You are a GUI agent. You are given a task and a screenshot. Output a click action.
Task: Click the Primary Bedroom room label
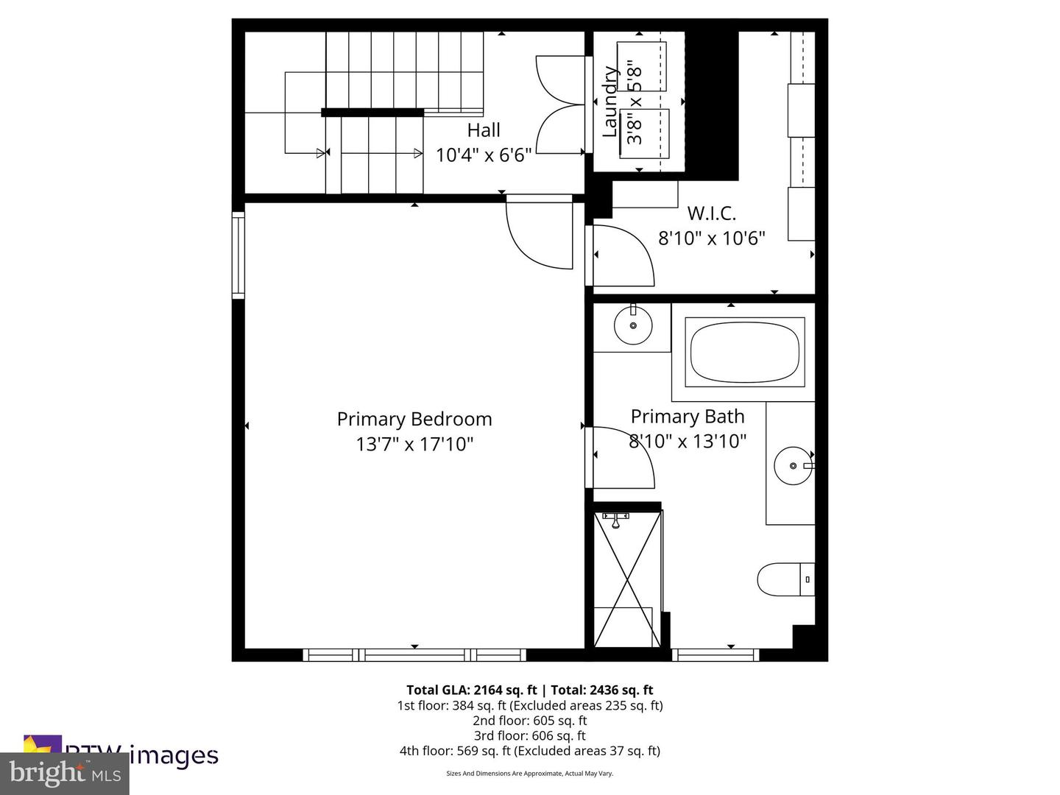tap(414, 419)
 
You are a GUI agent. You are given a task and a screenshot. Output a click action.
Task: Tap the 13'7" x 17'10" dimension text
tap(414, 444)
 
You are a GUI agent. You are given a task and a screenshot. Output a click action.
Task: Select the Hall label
tap(484, 130)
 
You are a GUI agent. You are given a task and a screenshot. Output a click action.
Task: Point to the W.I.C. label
tap(711, 213)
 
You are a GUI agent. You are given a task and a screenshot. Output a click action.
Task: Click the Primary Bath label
tap(688, 417)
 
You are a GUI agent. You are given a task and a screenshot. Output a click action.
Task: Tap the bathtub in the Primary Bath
tap(744, 352)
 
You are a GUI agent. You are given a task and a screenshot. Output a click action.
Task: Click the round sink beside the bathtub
tap(632, 325)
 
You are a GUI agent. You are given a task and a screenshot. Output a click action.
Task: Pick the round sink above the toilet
tap(793, 466)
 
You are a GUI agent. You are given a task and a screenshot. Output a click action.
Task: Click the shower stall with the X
tap(626, 579)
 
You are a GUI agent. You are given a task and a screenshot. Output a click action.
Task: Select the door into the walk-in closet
tap(622, 255)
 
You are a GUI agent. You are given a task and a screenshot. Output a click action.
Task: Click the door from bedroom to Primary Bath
tap(622, 457)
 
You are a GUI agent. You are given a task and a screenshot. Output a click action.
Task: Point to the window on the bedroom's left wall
tap(239, 255)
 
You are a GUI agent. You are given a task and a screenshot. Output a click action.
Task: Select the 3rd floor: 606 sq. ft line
tap(529, 735)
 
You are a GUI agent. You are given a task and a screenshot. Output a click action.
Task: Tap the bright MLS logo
tap(65, 774)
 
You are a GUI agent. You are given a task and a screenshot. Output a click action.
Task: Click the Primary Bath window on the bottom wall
tap(715, 654)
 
